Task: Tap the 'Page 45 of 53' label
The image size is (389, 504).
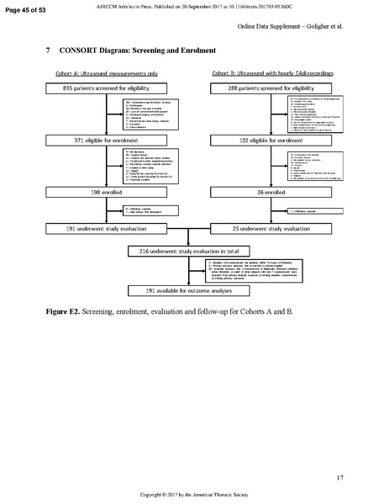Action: coord(26,8)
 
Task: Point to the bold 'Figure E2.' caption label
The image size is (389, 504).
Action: coord(66,312)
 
